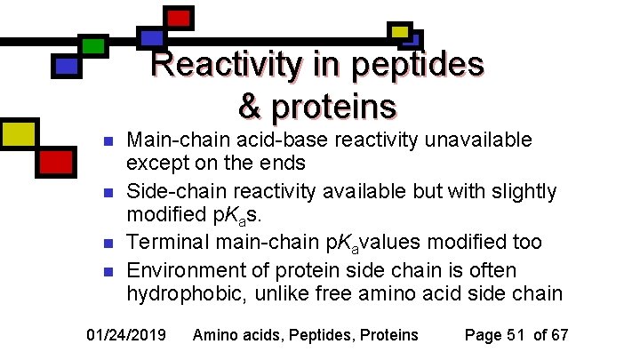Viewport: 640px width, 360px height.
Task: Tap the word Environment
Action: click(x=185, y=269)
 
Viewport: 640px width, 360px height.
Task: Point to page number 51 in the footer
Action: click(x=516, y=335)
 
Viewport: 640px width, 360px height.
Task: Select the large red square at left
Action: click(x=56, y=162)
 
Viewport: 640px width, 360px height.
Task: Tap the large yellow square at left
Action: click(x=18, y=133)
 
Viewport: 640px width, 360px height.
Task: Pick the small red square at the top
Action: click(x=179, y=17)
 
